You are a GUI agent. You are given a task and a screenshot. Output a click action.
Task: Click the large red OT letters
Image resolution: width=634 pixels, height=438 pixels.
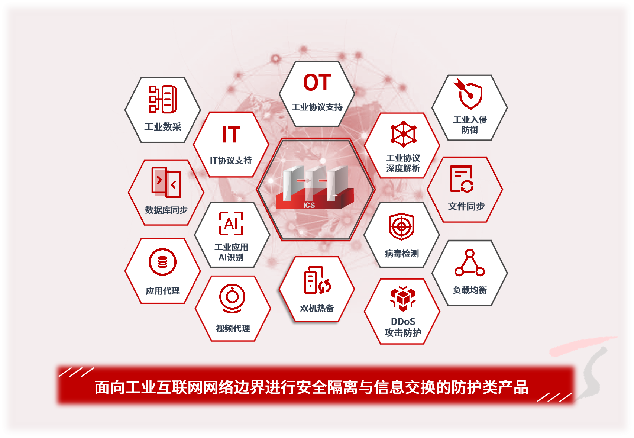tap(317, 83)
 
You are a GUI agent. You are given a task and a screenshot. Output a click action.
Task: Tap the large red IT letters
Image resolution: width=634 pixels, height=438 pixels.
tap(231, 135)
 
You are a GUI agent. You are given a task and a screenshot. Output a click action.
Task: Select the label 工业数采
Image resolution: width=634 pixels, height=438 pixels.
tap(163, 126)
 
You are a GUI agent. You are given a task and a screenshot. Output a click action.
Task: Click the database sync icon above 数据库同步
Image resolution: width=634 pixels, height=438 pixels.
tap(166, 182)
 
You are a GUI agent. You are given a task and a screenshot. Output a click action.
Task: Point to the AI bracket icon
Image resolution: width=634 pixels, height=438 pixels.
tap(231, 223)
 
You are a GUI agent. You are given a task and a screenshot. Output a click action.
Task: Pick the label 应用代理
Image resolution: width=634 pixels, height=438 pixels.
tap(163, 291)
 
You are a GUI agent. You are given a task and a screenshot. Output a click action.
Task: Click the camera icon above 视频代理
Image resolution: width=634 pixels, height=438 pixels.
tap(232, 299)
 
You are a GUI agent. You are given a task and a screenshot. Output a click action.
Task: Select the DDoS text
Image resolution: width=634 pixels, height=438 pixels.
tap(403, 322)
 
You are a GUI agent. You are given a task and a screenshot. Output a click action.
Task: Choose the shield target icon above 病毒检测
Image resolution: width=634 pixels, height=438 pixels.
tap(401, 226)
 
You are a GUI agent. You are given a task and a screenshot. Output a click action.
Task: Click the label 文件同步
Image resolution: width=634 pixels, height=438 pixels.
tap(466, 206)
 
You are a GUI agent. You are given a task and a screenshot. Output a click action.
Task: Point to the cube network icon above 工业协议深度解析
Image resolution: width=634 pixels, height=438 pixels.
tap(403, 134)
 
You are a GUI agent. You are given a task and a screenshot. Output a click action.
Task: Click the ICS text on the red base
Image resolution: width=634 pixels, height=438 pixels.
tap(309, 205)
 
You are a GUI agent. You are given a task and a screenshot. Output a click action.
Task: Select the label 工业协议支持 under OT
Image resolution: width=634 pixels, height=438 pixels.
tap(317, 107)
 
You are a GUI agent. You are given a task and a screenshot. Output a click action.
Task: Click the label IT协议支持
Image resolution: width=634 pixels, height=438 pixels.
tap(231, 161)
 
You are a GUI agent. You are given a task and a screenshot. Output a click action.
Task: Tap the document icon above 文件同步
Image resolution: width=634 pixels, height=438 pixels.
tap(462, 179)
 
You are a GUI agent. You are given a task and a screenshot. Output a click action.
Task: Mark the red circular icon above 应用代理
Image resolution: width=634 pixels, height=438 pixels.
tap(162, 262)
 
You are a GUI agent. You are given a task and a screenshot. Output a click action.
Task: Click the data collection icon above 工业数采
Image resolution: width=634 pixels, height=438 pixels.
tap(163, 99)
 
